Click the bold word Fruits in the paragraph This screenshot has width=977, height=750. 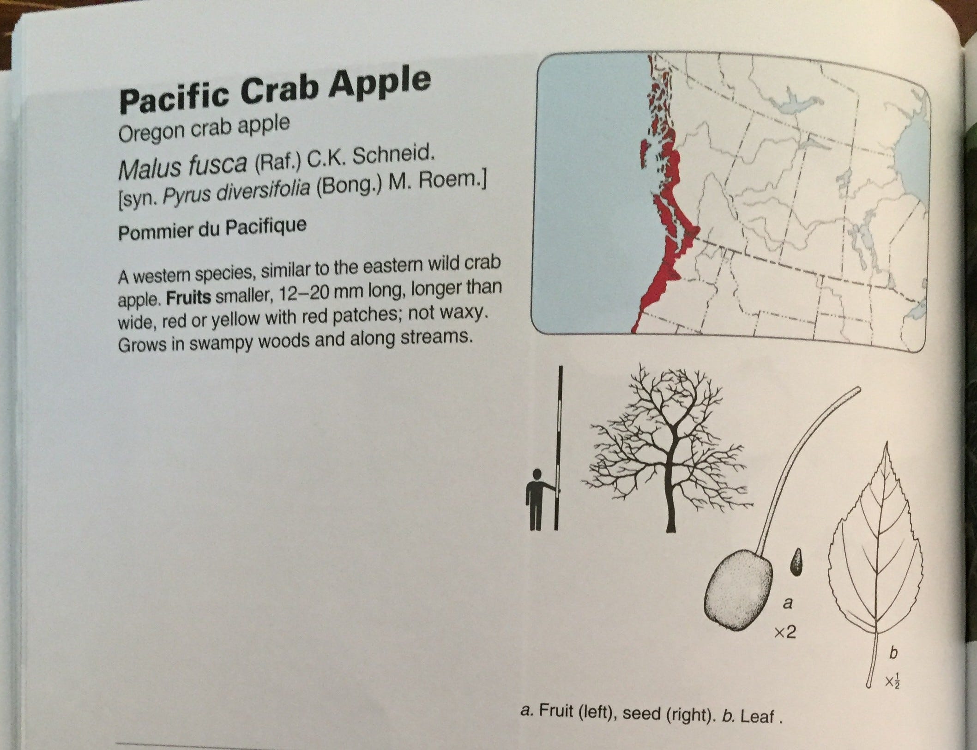pos(188,296)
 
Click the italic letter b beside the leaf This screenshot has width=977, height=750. pos(893,653)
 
